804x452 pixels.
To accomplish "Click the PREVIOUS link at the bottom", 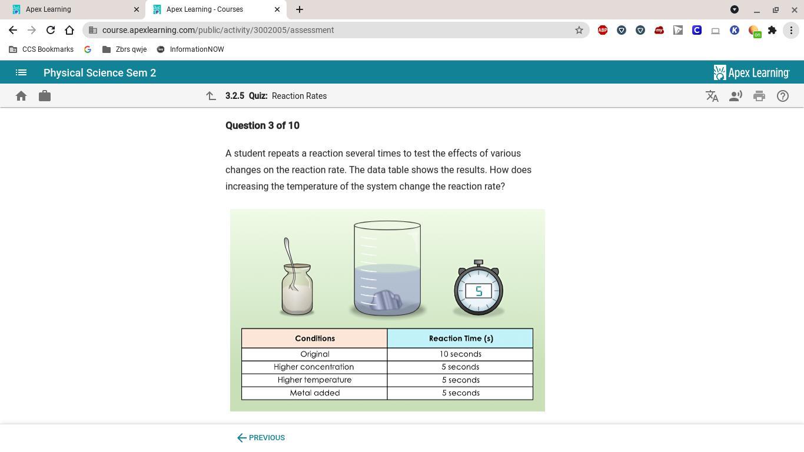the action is tap(261, 438).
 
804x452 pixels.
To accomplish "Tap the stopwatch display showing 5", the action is tap(479, 291).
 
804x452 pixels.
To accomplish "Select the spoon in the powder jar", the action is tap(290, 264).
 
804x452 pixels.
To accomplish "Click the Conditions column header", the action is tap(314, 338).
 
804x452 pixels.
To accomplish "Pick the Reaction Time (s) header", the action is tap(460, 338).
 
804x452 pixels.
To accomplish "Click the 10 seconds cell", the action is tap(460, 354).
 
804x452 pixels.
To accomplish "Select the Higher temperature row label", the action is tap(314, 380).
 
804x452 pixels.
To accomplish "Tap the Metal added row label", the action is tap(314, 393).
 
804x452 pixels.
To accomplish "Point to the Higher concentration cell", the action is tap(314, 367).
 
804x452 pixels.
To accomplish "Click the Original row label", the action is tap(314, 354).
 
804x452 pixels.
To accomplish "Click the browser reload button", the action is tap(51, 30).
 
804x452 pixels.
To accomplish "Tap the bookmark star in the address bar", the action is tap(579, 30).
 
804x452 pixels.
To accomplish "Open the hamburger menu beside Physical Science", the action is tap(21, 72).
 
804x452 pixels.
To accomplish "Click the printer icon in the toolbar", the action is tap(759, 96).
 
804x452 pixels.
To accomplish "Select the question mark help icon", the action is tap(782, 96).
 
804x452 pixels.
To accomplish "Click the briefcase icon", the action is tap(45, 96).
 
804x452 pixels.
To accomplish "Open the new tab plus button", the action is tap(300, 9).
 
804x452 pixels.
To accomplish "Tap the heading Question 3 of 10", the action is tap(263, 125).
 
